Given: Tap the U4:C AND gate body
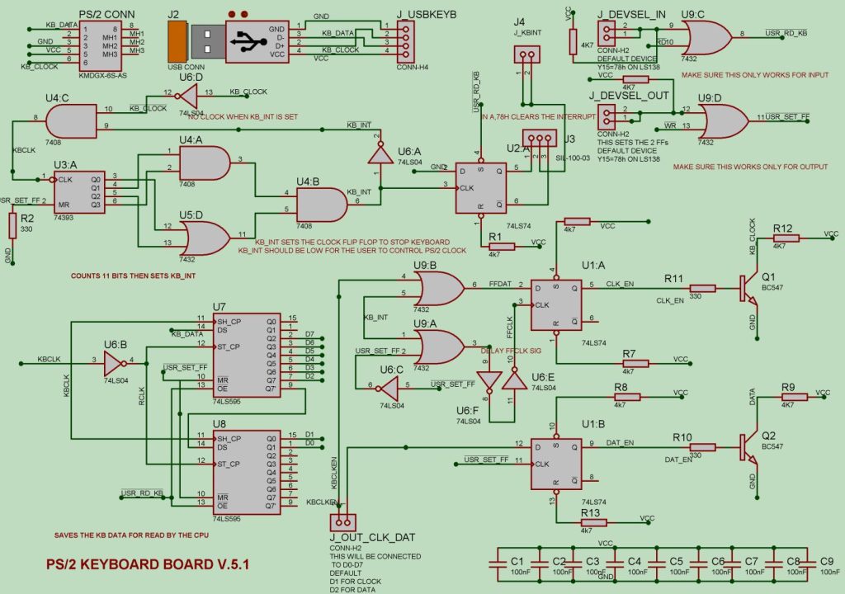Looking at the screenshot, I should [x=71, y=124].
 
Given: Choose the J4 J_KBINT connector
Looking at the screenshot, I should [x=525, y=55].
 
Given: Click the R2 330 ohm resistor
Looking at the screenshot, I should [x=12, y=225].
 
